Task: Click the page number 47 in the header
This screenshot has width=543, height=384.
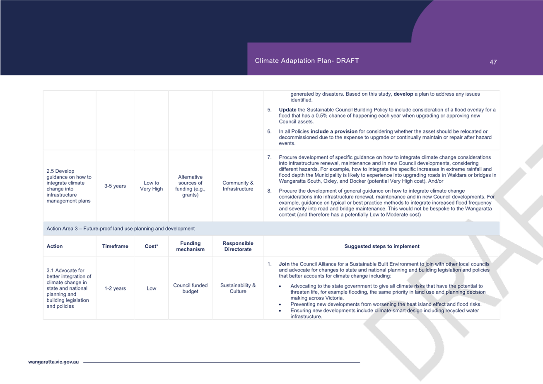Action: (x=493, y=62)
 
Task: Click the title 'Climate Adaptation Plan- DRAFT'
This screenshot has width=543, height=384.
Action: (x=306, y=60)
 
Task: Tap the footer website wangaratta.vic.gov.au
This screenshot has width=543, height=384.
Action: (x=53, y=362)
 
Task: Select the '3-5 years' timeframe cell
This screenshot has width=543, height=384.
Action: (x=115, y=186)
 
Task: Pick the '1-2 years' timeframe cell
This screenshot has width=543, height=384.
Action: (x=115, y=288)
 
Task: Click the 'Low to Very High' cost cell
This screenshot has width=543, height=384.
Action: (x=151, y=186)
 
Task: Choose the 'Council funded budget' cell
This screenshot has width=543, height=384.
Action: (x=190, y=288)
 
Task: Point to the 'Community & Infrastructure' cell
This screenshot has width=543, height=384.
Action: (x=238, y=186)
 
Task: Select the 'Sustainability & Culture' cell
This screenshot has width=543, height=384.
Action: (x=238, y=288)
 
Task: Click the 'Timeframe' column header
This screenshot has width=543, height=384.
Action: (x=115, y=246)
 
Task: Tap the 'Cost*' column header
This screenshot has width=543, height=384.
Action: (x=151, y=246)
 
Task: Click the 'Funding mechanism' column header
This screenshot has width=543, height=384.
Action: (x=190, y=246)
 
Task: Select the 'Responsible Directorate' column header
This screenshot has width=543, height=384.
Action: (x=238, y=246)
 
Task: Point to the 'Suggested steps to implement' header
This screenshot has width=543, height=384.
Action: (x=382, y=246)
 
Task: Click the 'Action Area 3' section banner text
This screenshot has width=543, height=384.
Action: (x=121, y=229)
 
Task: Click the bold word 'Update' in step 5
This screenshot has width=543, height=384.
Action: (x=287, y=110)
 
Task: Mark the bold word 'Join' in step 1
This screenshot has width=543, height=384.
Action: (x=284, y=264)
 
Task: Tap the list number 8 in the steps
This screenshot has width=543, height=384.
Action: (x=269, y=191)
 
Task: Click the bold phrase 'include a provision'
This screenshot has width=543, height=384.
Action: (x=334, y=131)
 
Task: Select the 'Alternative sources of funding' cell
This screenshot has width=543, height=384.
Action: (x=190, y=186)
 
